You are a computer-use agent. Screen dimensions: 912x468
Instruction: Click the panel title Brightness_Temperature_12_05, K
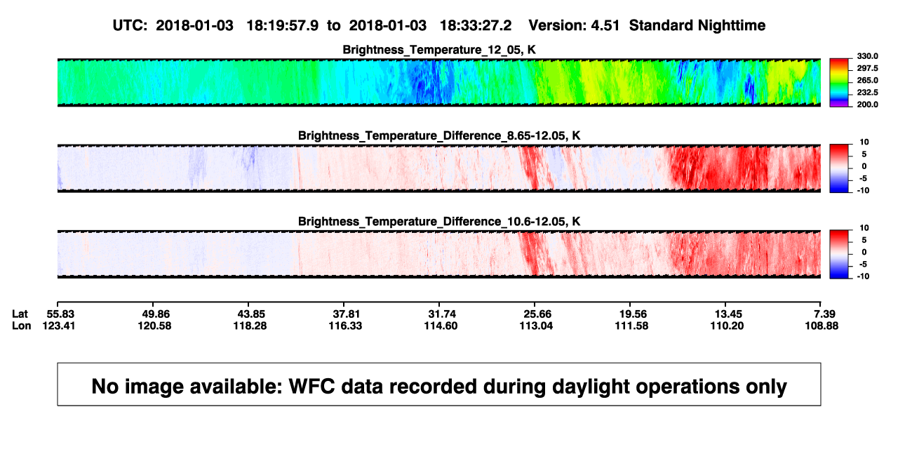coord(439,50)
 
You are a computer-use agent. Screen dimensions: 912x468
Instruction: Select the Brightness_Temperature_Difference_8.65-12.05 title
coord(439,135)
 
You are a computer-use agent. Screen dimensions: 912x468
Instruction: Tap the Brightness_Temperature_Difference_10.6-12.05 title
coord(439,222)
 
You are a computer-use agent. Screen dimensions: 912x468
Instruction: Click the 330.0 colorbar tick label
coord(867,56)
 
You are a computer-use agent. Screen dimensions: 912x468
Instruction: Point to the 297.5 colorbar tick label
coord(867,68)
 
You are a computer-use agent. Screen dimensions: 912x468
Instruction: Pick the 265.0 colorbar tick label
coord(867,80)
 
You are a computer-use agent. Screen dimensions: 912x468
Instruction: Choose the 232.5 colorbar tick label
coord(867,93)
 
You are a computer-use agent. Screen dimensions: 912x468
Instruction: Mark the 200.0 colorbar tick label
coord(867,105)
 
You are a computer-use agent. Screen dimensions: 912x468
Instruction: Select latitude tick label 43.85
coord(250,314)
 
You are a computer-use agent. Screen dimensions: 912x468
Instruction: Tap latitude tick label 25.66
coord(536,314)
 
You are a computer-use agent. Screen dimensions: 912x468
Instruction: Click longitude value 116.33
coord(345,326)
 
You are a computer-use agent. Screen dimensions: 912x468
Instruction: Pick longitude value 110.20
coord(727,326)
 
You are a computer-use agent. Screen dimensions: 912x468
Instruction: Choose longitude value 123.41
coord(59,326)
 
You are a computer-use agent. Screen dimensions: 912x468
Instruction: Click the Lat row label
coord(20,314)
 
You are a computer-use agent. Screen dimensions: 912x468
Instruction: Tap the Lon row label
coord(22,326)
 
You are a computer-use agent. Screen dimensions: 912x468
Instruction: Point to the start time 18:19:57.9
coord(283,25)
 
